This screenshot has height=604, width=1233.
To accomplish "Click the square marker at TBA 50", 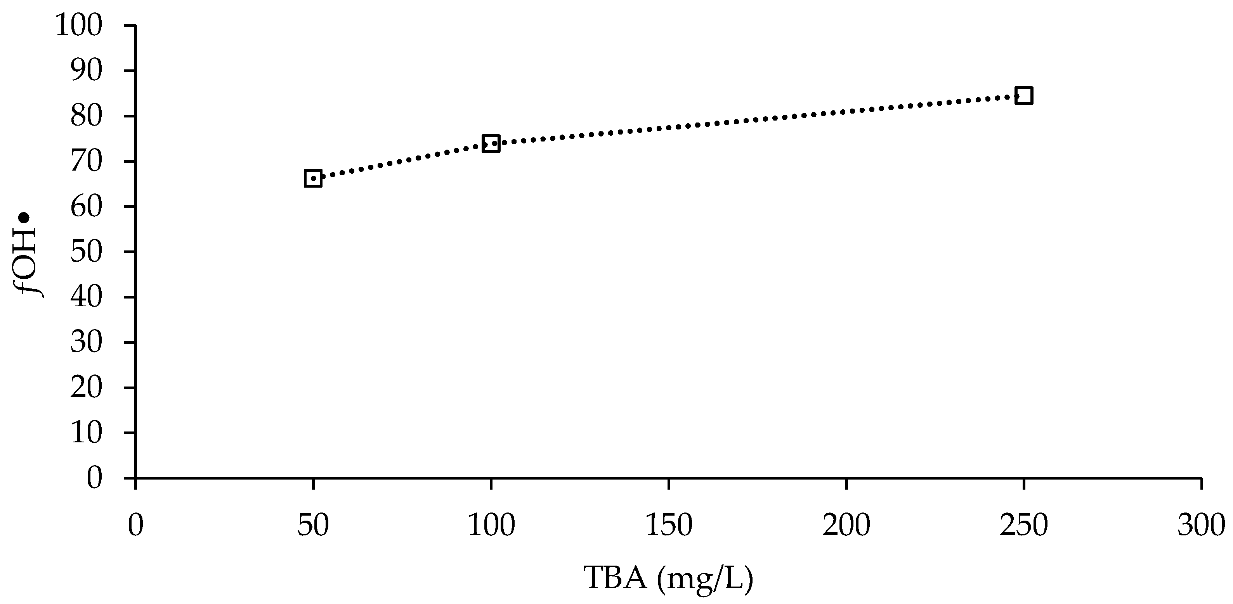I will coord(313,178).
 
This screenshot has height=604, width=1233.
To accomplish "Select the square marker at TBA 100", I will coord(491,143).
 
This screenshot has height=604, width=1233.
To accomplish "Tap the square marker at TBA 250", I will coord(1023,96).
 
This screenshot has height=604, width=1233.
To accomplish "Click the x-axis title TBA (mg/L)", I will coord(668,578).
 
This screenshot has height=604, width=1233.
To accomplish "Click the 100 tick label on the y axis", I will coord(79,26).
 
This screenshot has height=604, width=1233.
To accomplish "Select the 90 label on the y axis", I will coord(87,71).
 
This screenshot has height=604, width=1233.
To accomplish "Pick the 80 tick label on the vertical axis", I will coord(87,116).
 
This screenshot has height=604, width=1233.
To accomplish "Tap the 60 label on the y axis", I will coord(87,207).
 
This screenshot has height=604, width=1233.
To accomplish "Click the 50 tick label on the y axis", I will coord(87,252).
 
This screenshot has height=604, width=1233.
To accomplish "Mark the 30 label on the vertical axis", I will coord(87,342).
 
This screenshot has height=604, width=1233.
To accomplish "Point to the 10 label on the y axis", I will coord(87,433).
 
